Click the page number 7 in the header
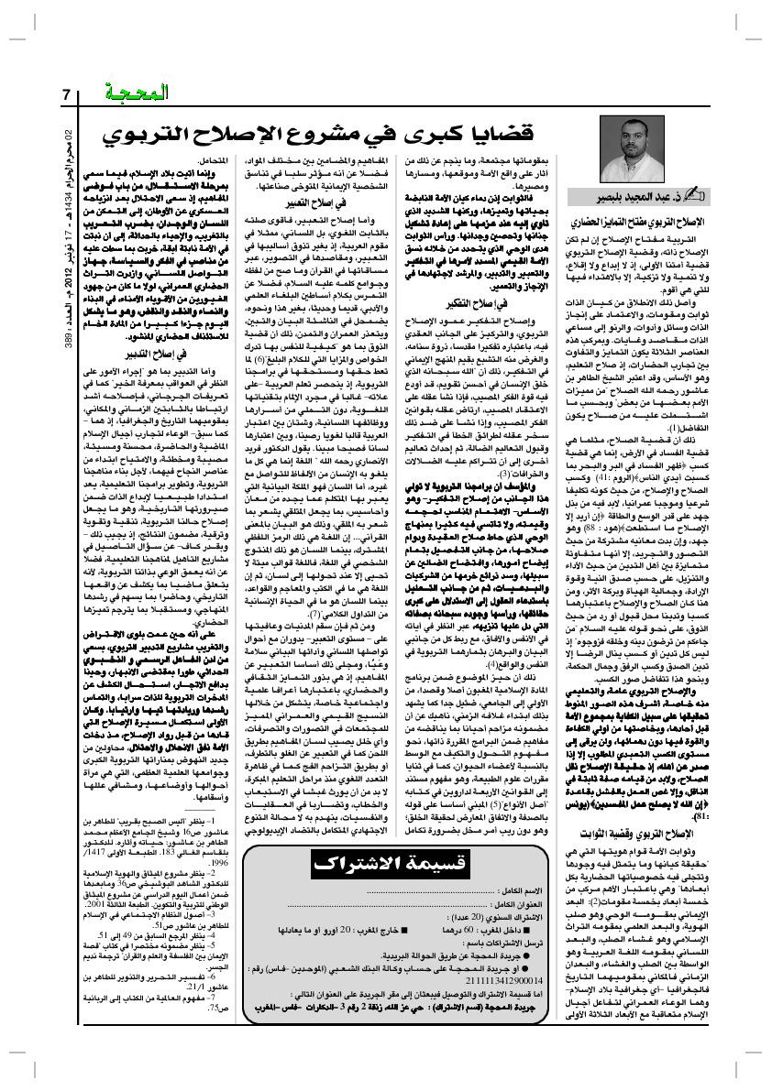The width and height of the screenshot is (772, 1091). pos(67,94)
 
